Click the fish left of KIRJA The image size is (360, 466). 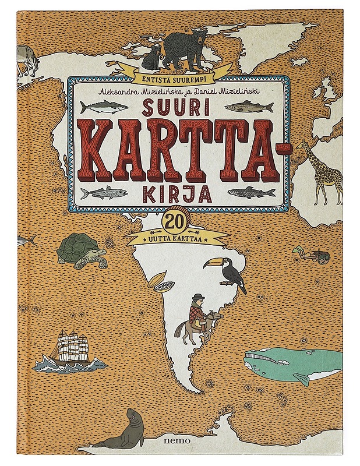point(103,193)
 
